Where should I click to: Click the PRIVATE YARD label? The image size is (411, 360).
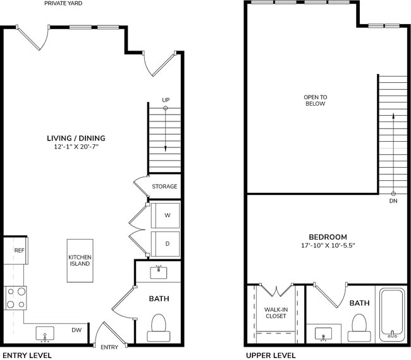click(63, 4)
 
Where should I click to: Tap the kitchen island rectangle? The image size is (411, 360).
click(80, 260)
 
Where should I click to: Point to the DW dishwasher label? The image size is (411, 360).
click(76, 330)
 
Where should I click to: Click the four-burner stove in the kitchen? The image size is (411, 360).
click(16, 297)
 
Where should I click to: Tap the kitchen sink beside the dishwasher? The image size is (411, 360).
click(44, 333)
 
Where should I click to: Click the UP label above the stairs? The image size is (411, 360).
click(166, 100)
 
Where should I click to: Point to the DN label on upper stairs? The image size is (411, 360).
click(393, 202)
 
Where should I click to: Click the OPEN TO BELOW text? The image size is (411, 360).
click(315, 100)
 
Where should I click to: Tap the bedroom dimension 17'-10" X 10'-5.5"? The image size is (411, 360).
click(325, 245)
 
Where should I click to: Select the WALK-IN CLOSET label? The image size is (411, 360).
click(276, 312)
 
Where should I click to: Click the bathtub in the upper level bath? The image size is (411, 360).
click(392, 314)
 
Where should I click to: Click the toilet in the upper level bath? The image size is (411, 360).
click(359, 325)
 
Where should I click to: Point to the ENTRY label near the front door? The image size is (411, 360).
click(109, 347)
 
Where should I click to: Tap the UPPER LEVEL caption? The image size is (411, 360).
click(270, 356)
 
